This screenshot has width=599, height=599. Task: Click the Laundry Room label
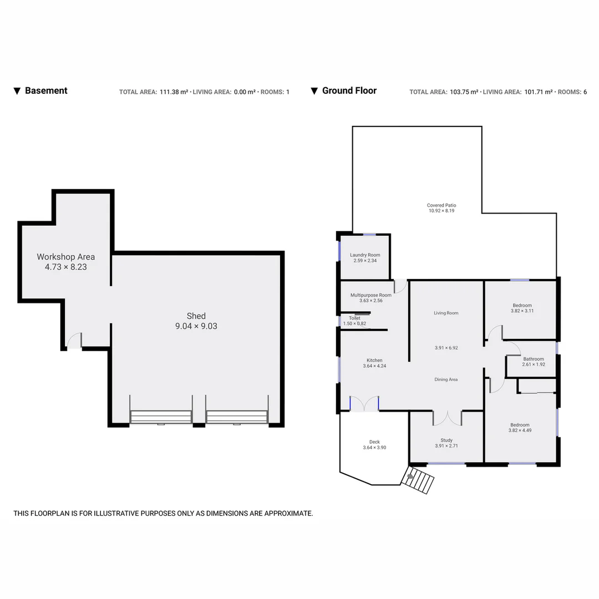(365, 255)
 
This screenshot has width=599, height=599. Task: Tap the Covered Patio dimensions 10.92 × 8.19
(441, 211)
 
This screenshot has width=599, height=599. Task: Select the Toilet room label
(354, 318)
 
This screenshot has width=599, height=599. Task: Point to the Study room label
(446, 440)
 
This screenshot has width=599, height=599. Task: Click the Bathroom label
(533, 359)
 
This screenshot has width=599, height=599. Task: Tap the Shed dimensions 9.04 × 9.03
(196, 326)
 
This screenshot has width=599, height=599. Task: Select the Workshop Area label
(65, 257)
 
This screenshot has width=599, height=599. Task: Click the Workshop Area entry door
(74, 341)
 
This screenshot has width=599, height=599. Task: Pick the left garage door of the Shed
(161, 417)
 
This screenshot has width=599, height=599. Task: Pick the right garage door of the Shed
(237, 417)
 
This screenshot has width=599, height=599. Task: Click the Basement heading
(46, 91)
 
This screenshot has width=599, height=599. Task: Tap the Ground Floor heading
(349, 91)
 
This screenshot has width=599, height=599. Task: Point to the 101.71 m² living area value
(538, 92)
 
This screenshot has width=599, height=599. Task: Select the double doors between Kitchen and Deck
(364, 404)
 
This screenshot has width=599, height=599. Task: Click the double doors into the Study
(447, 417)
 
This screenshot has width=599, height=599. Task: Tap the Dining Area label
(446, 379)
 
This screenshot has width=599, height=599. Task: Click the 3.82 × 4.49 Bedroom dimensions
(520, 430)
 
